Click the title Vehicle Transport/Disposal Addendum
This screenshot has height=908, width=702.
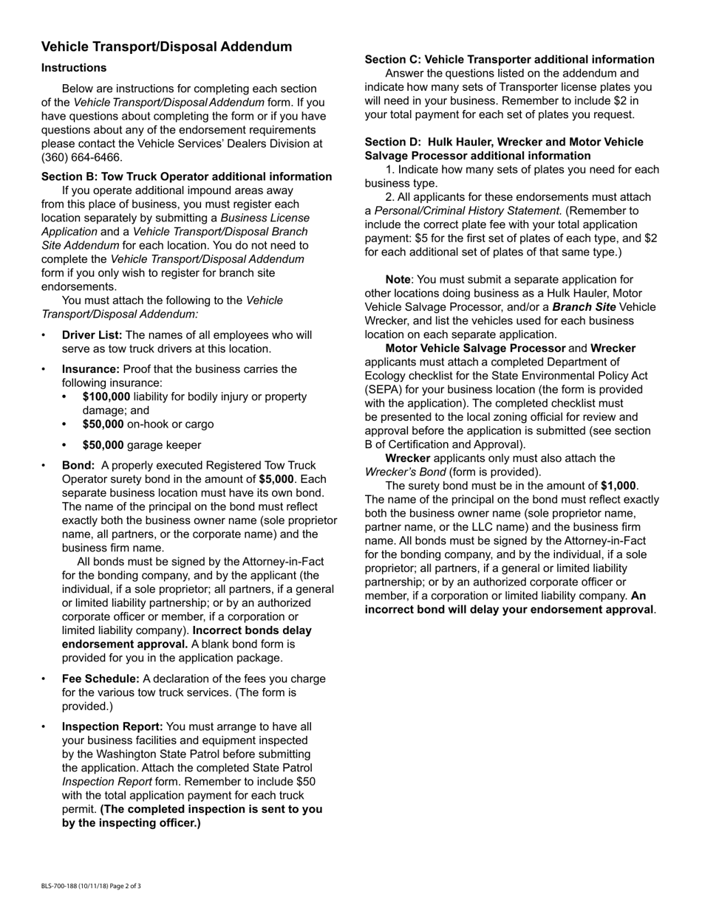pyautogui.click(x=166, y=47)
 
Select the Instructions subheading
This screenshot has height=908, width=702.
pyautogui.click(x=74, y=68)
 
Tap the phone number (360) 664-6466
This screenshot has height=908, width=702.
pyautogui.click(x=81, y=157)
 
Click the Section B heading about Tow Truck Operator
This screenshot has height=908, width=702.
pyautogui.click(x=186, y=176)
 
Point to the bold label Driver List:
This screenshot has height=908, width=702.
pyautogui.click(x=92, y=335)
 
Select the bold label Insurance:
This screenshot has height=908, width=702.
pyautogui.click(x=90, y=369)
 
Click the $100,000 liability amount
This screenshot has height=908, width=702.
pyautogui.click(x=106, y=396)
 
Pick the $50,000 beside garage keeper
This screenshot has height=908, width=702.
pyautogui.click(x=103, y=445)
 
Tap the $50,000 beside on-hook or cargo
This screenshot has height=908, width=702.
pyautogui.click(x=103, y=424)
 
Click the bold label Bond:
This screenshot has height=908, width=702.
pyautogui.click(x=78, y=465)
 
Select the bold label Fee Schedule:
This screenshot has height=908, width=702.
pyautogui.click(x=100, y=678)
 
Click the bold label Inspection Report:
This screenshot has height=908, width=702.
pyautogui.click(x=112, y=726)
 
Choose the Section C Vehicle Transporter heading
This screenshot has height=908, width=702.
pyautogui.click(x=509, y=60)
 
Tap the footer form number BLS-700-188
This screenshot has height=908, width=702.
pyautogui.click(x=64, y=886)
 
